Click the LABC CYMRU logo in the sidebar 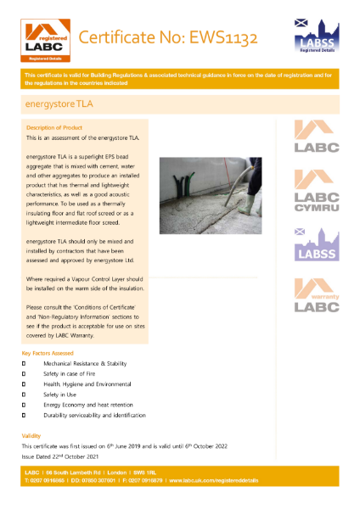316,192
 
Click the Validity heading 31,435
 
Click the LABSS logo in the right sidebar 316,245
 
